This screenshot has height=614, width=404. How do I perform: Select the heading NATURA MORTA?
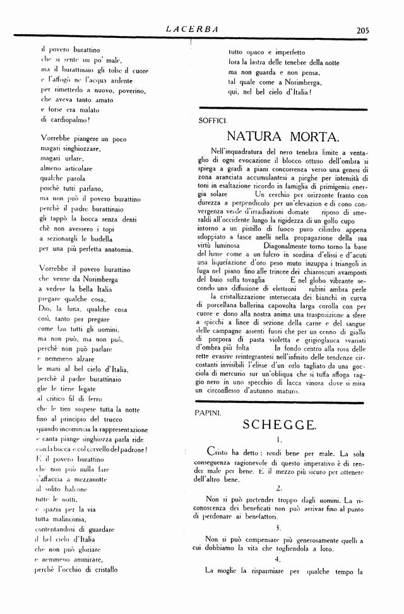click(x=282, y=136)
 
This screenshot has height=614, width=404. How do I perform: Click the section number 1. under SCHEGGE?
click(x=278, y=440)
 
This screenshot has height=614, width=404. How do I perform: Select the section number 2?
click(x=278, y=488)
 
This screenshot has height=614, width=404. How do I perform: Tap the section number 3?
click(x=278, y=526)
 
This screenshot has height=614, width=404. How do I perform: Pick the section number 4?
click(x=278, y=559)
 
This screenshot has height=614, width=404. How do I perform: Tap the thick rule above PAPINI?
click(x=281, y=402)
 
